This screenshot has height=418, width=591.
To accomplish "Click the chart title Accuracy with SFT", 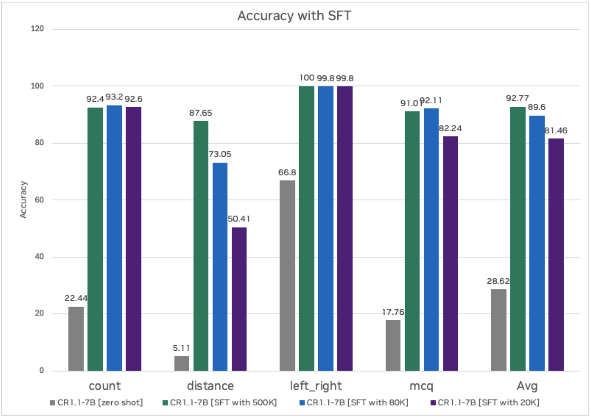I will click(294, 16).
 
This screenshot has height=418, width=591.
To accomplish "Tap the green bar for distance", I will click(201, 245).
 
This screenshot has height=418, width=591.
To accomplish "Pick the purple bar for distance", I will click(239, 299).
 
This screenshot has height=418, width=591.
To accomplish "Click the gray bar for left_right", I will click(287, 275).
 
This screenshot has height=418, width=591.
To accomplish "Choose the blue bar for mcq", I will click(431, 239).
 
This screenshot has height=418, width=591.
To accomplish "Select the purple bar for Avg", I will click(556, 254).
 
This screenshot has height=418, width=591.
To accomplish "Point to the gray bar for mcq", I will click(393, 345).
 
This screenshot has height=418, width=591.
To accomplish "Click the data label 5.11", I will click(181, 348).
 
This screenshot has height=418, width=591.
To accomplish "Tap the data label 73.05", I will click(220, 154).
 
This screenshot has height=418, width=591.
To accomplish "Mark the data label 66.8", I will click(287, 172).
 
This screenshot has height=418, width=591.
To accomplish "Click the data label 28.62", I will click(498, 281).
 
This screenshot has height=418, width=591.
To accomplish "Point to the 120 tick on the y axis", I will click(37, 29).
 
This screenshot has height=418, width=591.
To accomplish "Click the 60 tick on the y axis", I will click(40, 200).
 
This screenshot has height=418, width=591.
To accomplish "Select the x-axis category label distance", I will click(210, 386).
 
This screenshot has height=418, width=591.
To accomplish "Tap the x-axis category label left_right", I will click(316, 386).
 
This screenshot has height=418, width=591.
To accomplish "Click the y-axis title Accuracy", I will click(23, 199).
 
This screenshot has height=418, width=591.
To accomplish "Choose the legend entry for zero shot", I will click(97, 402).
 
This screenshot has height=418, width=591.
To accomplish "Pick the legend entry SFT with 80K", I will click(354, 402).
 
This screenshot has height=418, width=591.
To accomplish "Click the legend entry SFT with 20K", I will click(485, 402).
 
